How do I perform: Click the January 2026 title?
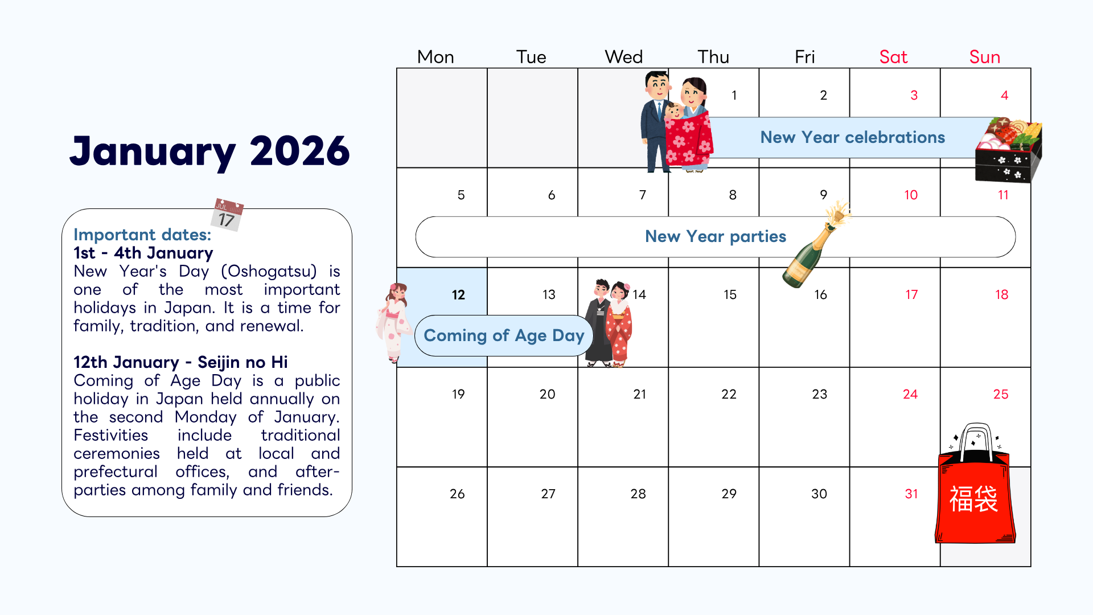209,151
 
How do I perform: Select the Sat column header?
893,57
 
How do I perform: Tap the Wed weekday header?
623,57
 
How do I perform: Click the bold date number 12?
458,295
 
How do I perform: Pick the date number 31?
911,494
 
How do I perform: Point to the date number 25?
1000,394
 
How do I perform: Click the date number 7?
642,195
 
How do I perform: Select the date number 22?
729,394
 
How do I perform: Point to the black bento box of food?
1008,151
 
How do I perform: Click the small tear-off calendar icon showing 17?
228,215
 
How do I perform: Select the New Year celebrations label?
852,138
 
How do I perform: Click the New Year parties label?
715,237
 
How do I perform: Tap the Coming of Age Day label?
504,336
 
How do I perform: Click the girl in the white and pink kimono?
393,322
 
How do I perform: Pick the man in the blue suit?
656,120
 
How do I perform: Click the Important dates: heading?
142,235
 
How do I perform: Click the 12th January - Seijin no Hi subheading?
180,362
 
